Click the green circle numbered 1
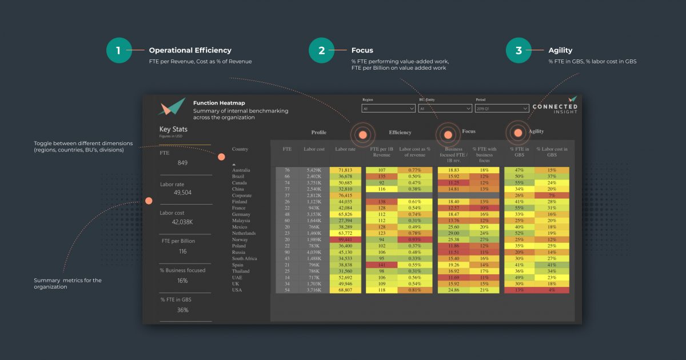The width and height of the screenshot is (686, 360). [119, 50]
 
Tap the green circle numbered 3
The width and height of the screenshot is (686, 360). [519, 50]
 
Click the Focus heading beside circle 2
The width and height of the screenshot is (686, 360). [362, 50]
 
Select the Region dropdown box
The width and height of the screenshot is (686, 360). [388, 108]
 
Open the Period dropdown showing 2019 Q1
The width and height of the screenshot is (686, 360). [502, 108]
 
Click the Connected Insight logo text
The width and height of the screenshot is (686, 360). [555, 108]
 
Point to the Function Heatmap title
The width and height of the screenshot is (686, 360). [219, 103]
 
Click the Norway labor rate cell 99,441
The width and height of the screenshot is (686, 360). [345, 239]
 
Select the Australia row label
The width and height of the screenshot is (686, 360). [241, 170]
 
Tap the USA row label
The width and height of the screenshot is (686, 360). [237, 290]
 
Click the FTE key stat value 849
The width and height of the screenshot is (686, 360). [182, 163]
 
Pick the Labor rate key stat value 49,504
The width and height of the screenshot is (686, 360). [182, 193]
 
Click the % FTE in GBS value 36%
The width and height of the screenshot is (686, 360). [182, 310]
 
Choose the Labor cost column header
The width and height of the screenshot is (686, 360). [314, 149]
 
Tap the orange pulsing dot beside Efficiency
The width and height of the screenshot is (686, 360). [362, 135]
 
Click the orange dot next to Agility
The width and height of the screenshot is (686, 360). [518, 133]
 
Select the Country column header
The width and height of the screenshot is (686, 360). [240, 149]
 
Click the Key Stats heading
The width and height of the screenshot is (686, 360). [173, 129]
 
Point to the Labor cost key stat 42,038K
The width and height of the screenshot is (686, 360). [182, 222]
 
